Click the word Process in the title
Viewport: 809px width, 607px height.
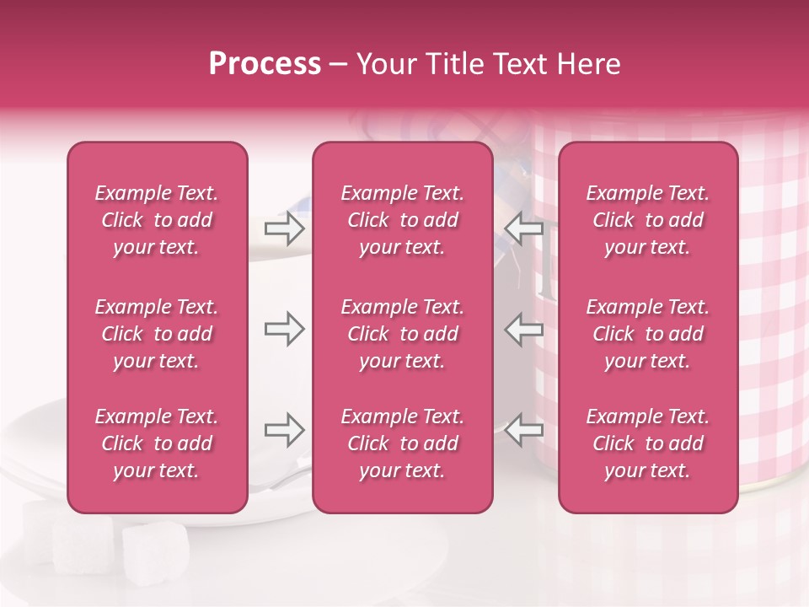[x=265, y=64]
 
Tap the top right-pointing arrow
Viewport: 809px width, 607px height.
[x=284, y=228]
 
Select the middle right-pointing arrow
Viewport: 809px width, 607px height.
[x=284, y=329]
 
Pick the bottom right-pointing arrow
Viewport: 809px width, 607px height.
[x=284, y=430]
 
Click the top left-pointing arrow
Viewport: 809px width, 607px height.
[x=524, y=228]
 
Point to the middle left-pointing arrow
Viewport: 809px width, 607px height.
[x=524, y=329]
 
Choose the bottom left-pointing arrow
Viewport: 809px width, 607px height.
[x=524, y=430]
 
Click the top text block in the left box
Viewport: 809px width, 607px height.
[x=157, y=220]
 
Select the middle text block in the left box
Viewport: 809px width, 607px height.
[x=157, y=334]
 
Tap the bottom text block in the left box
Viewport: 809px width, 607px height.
[x=157, y=443]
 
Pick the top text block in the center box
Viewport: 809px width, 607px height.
[x=403, y=220]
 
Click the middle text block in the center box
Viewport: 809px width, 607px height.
[x=403, y=334]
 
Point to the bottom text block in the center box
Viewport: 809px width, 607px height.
[x=403, y=443]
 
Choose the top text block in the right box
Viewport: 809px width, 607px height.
[x=648, y=220]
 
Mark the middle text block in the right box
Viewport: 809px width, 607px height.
[x=648, y=334]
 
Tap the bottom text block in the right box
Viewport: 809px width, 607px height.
[x=648, y=443]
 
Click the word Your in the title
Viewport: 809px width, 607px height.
[x=388, y=64]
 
